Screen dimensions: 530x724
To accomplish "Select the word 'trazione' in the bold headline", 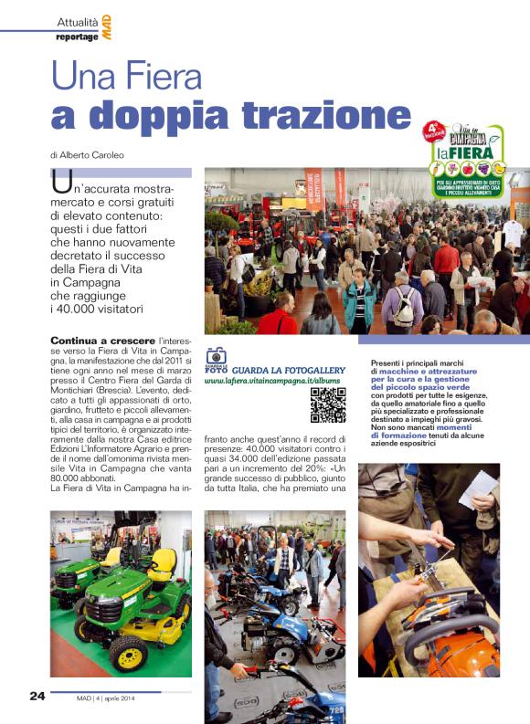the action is [304, 115].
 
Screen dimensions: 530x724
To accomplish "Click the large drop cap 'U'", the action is [62, 183].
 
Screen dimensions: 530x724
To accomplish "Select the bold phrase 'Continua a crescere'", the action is [90, 340].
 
